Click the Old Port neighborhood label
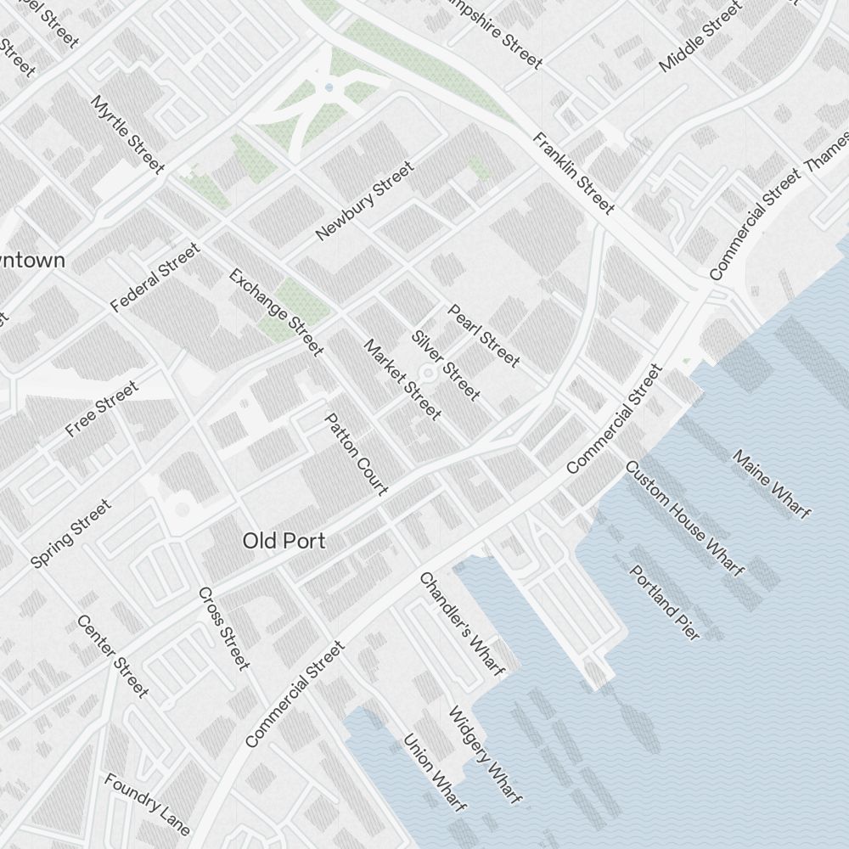(x=284, y=541)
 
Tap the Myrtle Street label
(x=127, y=134)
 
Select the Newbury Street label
(x=364, y=201)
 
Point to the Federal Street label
(x=155, y=277)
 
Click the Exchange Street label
(x=276, y=312)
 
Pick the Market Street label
(x=402, y=380)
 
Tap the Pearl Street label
(x=483, y=336)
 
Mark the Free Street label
(x=101, y=410)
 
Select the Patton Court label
(x=357, y=454)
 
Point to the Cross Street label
(x=224, y=627)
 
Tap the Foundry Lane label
(x=147, y=803)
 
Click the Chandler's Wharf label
(x=462, y=624)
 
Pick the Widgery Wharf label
(x=484, y=755)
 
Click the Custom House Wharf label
(x=684, y=518)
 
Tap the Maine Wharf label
(x=771, y=483)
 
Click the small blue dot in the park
(x=329, y=87)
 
